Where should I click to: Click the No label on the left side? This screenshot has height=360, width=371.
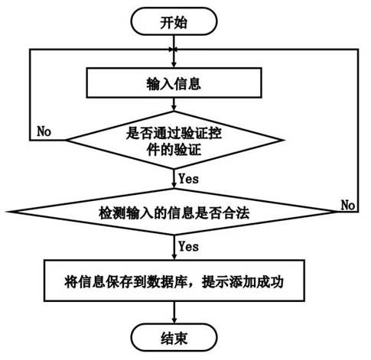(44, 131)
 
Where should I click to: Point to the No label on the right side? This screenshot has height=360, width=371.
(348, 205)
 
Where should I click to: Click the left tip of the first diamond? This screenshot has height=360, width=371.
(66, 140)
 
